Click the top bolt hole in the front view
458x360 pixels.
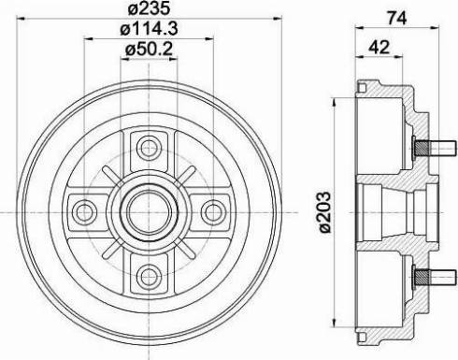pyautogui.click(x=148, y=147)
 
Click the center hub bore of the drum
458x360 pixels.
pyautogui.click(x=148, y=209)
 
